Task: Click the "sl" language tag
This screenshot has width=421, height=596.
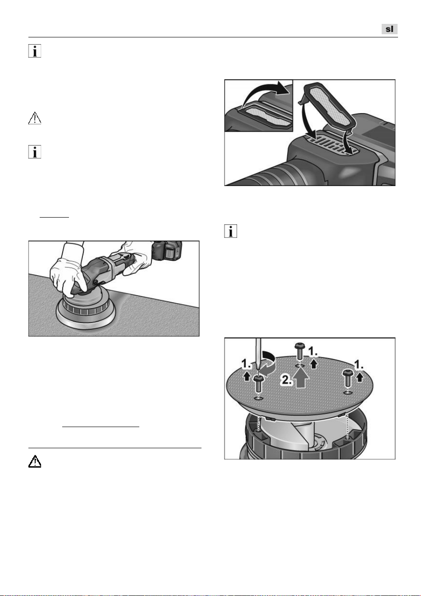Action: click(389, 29)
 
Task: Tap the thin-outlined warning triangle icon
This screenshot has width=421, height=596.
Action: click(35, 118)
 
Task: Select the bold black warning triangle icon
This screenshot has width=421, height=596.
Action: click(35, 461)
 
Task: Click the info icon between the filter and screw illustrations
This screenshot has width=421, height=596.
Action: click(231, 231)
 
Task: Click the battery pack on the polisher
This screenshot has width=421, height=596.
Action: click(167, 250)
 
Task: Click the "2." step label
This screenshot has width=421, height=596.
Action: click(286, 380)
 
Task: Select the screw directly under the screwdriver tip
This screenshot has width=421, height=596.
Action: click(258, 383)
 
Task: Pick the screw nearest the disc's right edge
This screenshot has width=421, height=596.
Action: click(348, 378)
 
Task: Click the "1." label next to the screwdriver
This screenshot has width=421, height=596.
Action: click(246, 364)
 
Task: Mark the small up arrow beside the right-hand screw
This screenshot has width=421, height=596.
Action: click(360, 378)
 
